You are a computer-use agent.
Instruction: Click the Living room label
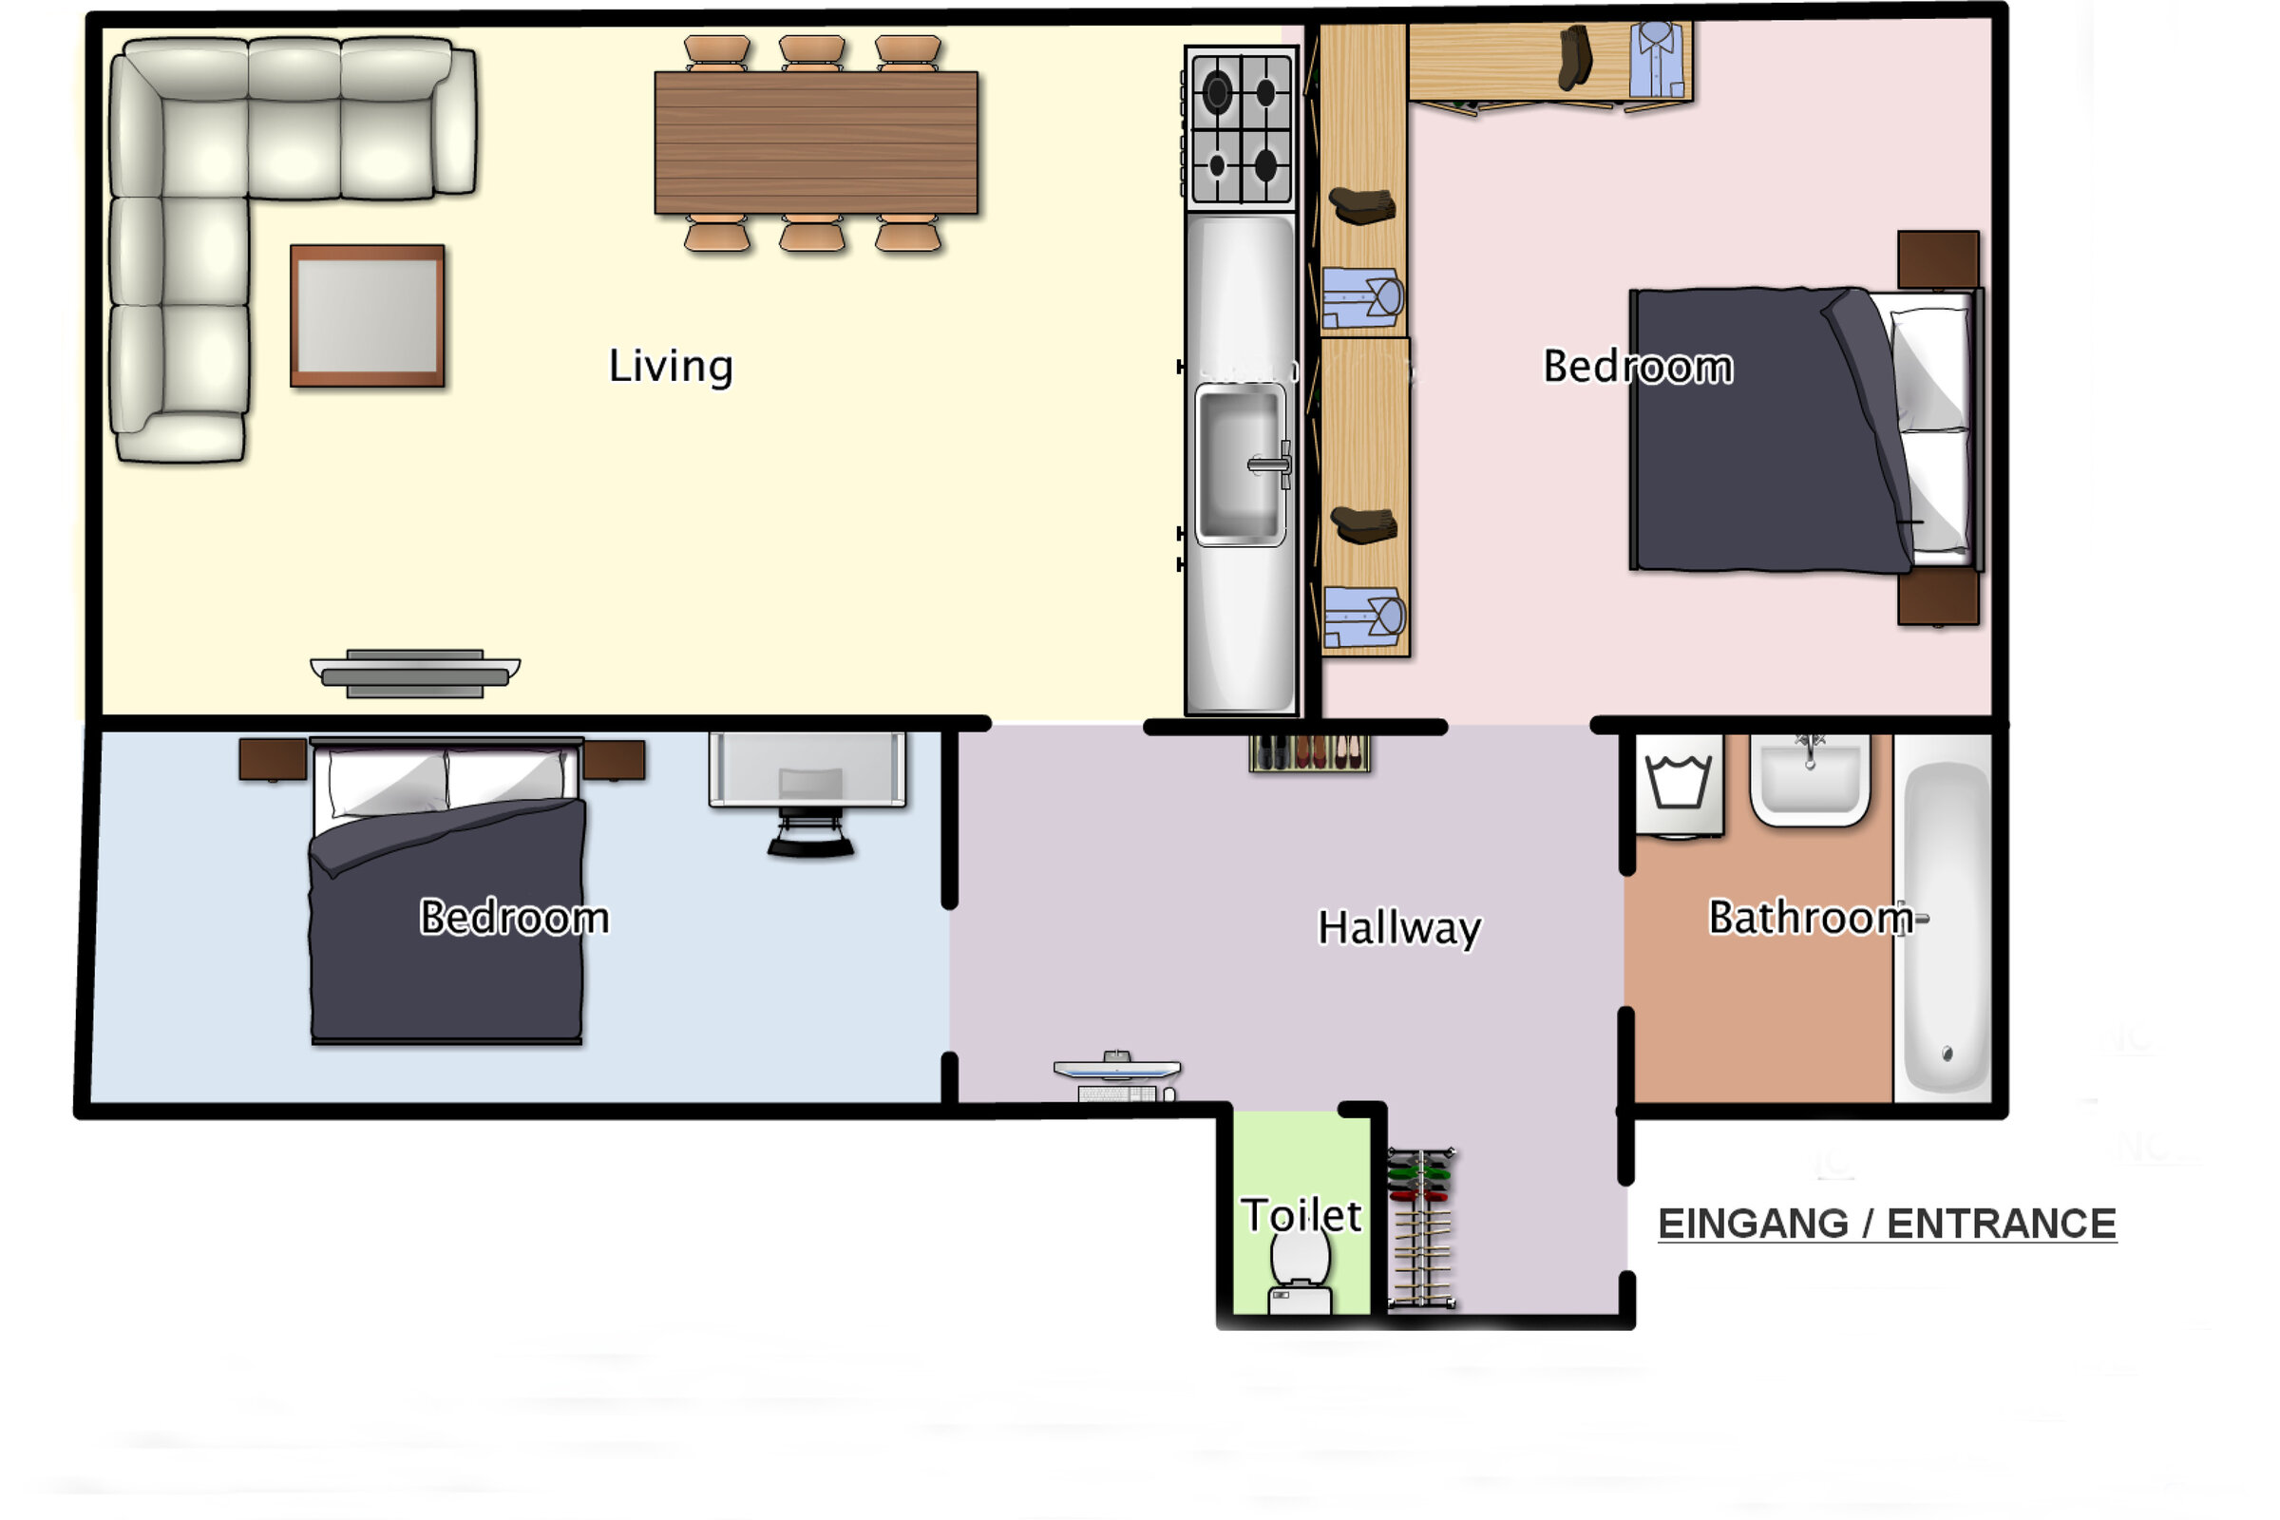pyautogui.click(x=671, y=368)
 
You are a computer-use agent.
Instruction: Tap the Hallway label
pyautogui.click(x=1398, y=929)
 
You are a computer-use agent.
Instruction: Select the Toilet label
pyautogui.click(x=1301, y=1216)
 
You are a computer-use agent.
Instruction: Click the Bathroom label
pyautogui.click(x=1810, y=918)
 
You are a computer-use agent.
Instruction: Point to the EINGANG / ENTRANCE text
pyautogui.click(x=1887, y=1224)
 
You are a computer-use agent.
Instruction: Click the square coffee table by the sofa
pyautogui.click(x=368, y=316)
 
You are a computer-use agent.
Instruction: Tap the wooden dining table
pyautogui.click(x=816, y=142)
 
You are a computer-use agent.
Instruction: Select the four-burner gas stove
pyautogui.click(x=1241, y=130)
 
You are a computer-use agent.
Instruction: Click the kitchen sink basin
pyautogui.click(x=1241, y=465)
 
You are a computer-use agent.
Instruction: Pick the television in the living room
pyautogui.click(x=415, y=673)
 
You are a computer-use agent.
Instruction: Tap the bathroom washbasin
pyautogui.click(x=1810, y=779)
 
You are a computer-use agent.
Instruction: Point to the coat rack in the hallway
pyautogui.click(x=1421, y=1228)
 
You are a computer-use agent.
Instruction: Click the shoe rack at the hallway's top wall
pyautogui.click(x=1310, y=752)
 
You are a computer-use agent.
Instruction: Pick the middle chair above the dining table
pyautogui.click(x=812, y=52)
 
